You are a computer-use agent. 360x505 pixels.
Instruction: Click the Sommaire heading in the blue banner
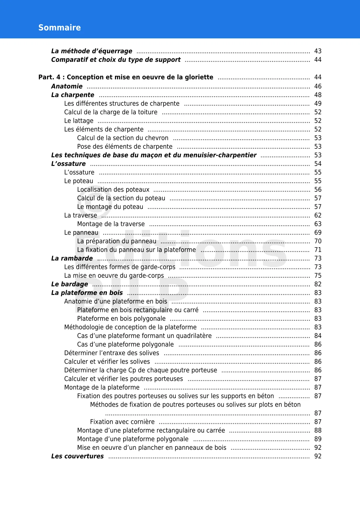click(59, 28)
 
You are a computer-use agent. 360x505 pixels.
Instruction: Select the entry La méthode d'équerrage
click(91, 51)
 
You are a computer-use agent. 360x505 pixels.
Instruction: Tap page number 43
click(318, 51)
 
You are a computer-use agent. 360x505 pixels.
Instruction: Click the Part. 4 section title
click(126, 77)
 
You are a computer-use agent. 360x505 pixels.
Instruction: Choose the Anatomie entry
click(67, 87)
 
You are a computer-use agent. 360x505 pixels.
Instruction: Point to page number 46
click(318, 87)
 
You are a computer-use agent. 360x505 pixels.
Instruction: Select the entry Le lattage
click(79, 121)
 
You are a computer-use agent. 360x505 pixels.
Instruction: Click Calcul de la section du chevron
click(123, 138)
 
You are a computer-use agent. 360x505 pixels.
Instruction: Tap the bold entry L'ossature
click(68, 164)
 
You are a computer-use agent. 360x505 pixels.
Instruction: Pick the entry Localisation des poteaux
click(113, 190)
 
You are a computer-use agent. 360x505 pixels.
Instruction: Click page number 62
click(318, 216)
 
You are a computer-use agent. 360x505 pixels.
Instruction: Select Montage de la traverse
click(111, 224)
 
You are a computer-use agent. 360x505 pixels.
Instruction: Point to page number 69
click(318, 233)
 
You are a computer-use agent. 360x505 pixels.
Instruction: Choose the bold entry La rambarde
click(72, 258)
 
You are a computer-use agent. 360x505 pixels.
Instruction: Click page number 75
click(318, 276)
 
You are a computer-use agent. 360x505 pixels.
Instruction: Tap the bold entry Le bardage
click(70, 284)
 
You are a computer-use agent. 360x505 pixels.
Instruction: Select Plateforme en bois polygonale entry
click(121, 319)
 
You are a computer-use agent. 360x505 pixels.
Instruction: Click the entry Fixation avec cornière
click(122, 422)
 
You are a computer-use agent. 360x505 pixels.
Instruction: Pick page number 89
click(318, 439)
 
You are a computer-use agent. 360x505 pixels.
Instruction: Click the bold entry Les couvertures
click(77, 456)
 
